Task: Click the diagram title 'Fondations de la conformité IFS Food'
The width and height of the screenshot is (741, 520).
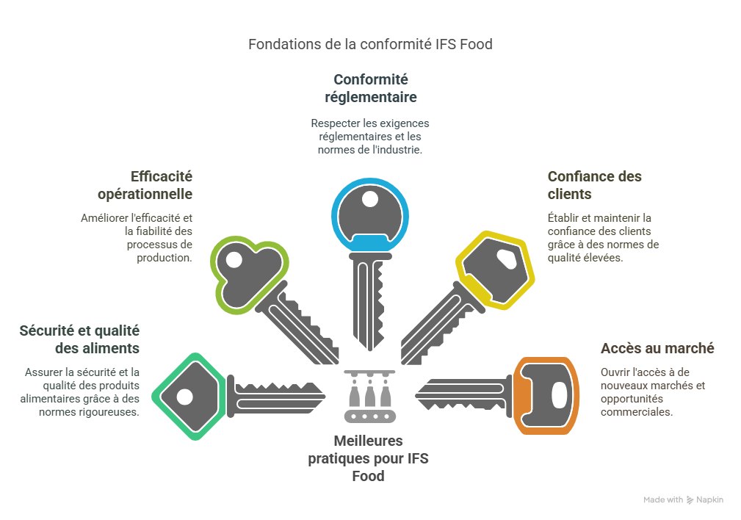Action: (370, 44)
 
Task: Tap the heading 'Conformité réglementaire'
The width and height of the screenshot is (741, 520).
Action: (370, 88)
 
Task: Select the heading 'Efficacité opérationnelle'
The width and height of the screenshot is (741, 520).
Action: (145, 185)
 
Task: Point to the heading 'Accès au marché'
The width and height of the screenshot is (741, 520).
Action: (657, 348)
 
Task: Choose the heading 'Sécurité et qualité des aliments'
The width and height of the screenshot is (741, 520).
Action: (79, 339)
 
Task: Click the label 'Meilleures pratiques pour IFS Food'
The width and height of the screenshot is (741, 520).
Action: (368, 458)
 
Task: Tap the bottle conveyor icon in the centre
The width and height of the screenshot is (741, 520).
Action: (371, 397)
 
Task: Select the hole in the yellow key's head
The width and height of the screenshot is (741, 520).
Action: (507, 259)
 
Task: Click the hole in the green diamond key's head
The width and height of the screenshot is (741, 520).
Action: (184, 397)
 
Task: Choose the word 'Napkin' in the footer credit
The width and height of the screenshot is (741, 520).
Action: (710, 499)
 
